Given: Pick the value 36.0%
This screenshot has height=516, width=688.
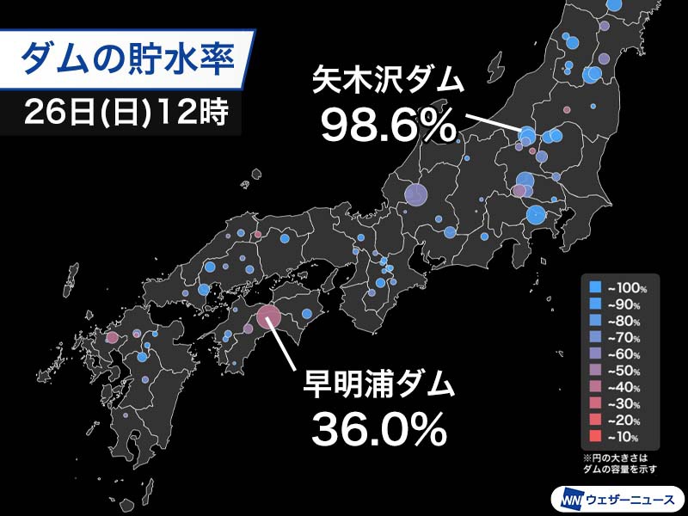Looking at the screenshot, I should (378, 428).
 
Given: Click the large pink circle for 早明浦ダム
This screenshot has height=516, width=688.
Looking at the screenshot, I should (269, 317).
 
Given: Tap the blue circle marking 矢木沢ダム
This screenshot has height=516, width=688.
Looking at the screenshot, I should (526, 134).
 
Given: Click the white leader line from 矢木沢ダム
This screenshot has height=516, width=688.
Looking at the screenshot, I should (493, 123).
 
